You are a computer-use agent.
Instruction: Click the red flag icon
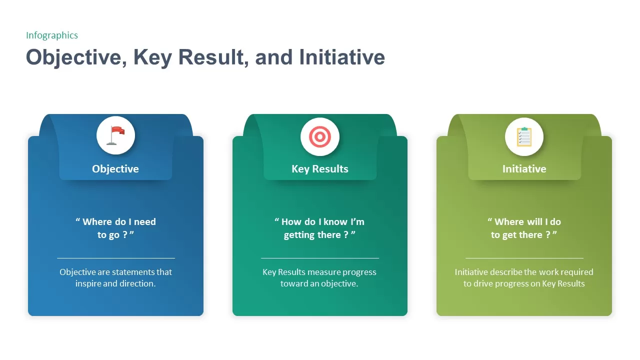(116, 136)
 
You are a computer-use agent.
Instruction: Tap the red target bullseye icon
(319, 136)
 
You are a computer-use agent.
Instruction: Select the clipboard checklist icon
(524, 136)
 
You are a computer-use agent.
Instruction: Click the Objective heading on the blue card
(115, 169)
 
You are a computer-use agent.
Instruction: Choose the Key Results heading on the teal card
(320, 169)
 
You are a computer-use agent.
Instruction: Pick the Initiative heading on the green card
(524, 169)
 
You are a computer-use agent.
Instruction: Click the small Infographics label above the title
(52, 35)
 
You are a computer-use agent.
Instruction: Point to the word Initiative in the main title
(342, 57)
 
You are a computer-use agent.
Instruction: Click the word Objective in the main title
(73, 57)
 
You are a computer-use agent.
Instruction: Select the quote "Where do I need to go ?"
(115, 228)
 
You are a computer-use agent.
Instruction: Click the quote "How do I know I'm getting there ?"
(319, 228)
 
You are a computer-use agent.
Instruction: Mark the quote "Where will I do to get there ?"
(524, 228)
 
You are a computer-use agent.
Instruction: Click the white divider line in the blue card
(116, 258)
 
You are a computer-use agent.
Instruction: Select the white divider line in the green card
(524, 258)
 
